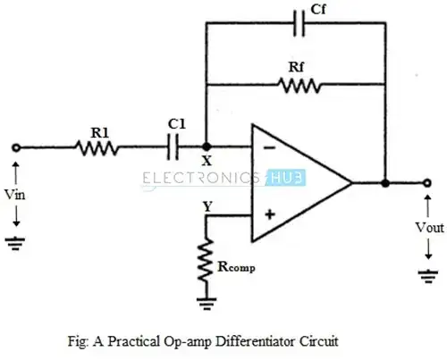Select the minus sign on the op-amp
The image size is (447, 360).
click(x=266, y=147)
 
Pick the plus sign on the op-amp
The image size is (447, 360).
click(x=266, y=214)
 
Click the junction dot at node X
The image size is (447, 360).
click(x=207, y=149)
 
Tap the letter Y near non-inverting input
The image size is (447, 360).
click(x=207, y=204)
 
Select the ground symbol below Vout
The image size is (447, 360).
click(x=427, y=276)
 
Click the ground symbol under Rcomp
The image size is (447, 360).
click(x=207, y=304)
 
